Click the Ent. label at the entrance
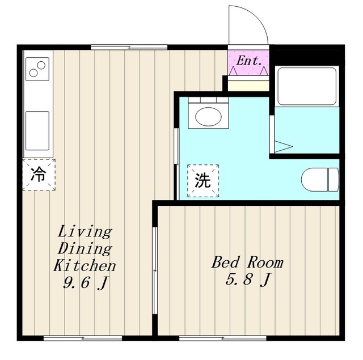(x=249, y=61)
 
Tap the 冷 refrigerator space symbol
(x=39, y=175)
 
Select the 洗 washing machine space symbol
(x=203, y=181)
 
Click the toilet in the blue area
(x=320, y=180)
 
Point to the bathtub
(x=307, y=86)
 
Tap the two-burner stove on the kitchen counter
(x=37, y=69)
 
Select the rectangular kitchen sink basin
(x=37, y=131)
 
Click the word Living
(x=85, y=232)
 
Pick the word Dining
(x=85, y=249)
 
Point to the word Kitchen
(x=85, y=265)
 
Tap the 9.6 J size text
(x=86, y=283)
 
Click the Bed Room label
(x=247, y=262)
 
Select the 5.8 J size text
(x=248, y=279)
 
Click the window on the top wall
(x=129, y=47)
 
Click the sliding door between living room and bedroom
(x=155, y=270)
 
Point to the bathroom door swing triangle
(x=284, y=146)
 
